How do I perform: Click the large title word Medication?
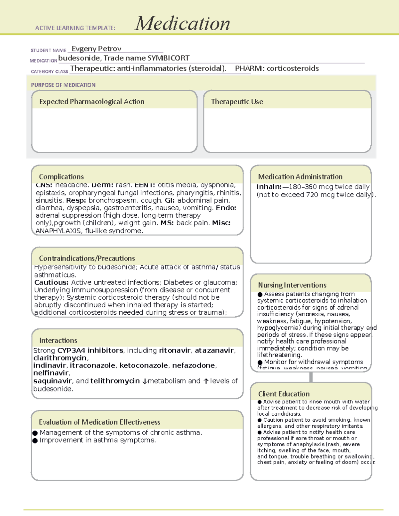[x=182, y=24]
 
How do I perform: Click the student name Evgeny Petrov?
[x=96, y=49]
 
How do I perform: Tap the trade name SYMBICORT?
[x=168, y=58]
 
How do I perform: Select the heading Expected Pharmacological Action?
[x=92, y=102]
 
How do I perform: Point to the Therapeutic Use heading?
[x=237, y=102]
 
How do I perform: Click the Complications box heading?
[x=61, y=177]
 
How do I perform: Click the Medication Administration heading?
[x=300, y=177]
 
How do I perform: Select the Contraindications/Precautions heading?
[x=87, y=258]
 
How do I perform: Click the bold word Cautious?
[x=51, y=282]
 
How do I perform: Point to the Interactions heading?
[x=58, y=341]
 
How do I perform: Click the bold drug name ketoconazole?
[x=143, y=365]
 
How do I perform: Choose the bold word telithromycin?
[x=115, y=381]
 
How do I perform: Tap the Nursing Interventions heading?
[x=292, y=285]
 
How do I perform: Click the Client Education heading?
[x=284, y=394]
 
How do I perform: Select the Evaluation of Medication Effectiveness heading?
[x=99, y=422]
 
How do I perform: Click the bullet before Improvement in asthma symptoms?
[x=35, y=441]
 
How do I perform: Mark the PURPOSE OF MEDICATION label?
[x=63, y=85]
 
